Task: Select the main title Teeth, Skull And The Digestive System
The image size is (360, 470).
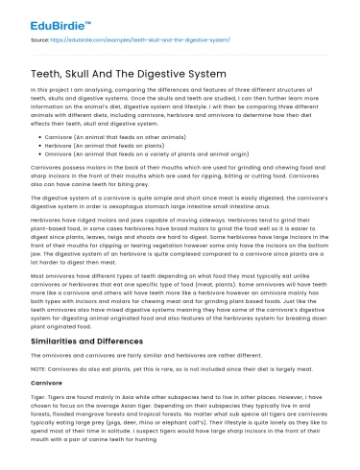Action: click(x=121, y=72)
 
